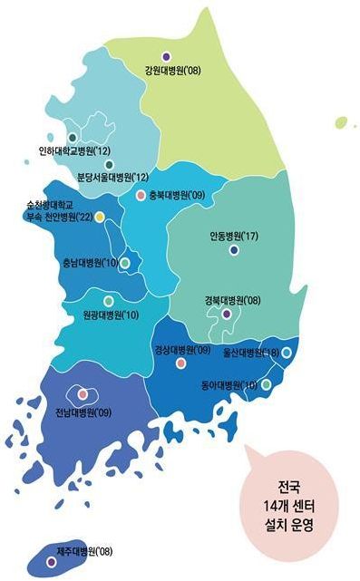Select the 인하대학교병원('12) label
[x=75, y=150]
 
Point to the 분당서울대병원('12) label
[x=113, y=178]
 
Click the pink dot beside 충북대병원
[x=141, y=195]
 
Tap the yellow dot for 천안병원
[x=100, y=217]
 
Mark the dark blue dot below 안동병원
[x=234, y=249]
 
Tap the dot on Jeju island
[x=51, y=562]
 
